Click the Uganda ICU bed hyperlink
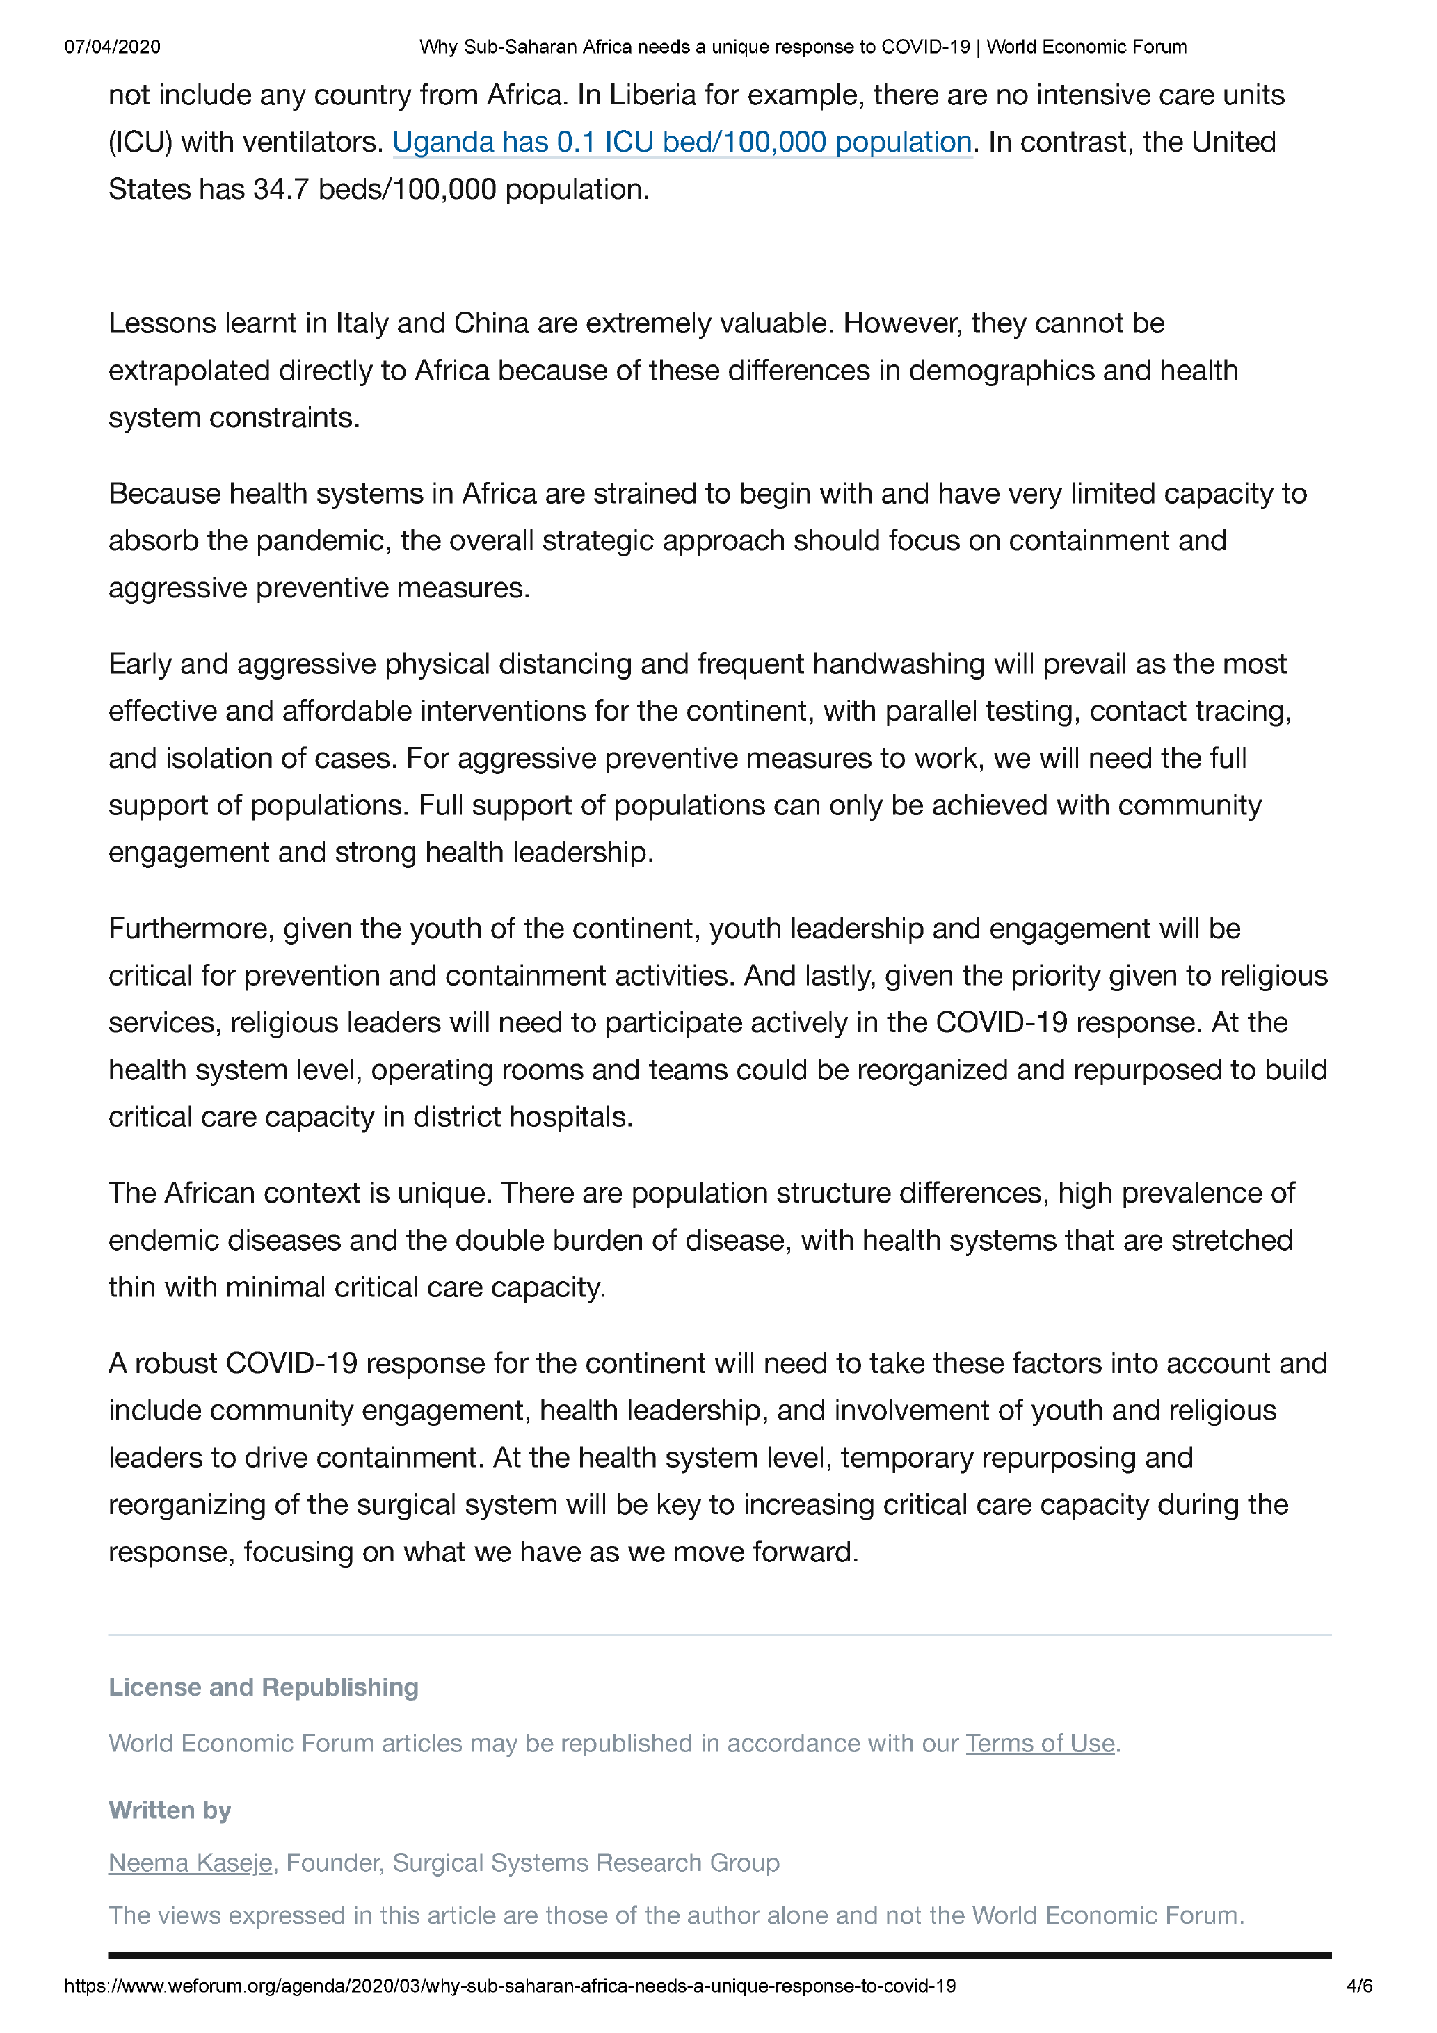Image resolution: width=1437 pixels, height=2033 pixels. click(682, 143)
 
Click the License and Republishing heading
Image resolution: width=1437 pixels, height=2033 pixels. click(263, 1687)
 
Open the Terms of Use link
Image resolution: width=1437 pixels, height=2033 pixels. click(1039, 1744)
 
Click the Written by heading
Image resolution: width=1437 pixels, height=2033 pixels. click(169, 1810)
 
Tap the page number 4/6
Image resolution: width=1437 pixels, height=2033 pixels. click(1359, 1986)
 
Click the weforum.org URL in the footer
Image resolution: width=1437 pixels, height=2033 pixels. click(510, 1986)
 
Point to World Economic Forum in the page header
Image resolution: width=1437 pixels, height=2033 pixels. click(1086, 47)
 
